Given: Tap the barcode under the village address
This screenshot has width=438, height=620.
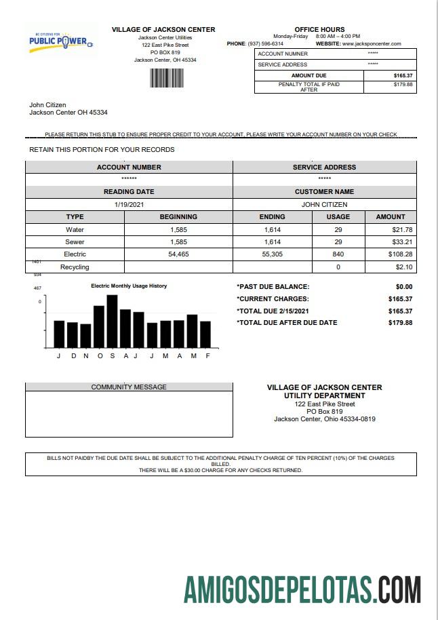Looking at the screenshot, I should (163, 79).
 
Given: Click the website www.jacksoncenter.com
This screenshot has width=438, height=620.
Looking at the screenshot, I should (372, 43).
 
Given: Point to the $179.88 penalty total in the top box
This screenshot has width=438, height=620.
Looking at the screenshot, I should (403, 85).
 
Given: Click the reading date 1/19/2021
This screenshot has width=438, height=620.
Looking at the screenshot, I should (129, 204).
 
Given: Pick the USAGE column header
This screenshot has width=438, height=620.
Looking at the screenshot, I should (338, 217).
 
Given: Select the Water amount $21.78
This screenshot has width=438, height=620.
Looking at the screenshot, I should (402, 230).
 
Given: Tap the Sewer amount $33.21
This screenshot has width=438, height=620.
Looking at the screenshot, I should (402, 242).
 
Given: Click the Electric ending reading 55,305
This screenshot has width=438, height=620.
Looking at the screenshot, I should (273, 254).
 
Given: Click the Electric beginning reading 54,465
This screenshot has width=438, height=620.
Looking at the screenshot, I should (178, 254).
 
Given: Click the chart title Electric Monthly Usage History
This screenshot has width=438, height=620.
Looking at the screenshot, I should (129, 286).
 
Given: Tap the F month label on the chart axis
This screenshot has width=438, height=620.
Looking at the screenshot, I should (207, 356).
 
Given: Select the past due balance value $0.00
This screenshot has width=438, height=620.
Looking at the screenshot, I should (403, 287).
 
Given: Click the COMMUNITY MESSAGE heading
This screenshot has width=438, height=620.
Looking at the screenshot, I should (129, 387).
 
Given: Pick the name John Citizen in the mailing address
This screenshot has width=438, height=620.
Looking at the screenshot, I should (47, 105).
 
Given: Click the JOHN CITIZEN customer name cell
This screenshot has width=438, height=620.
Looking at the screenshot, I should (324, 204).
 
